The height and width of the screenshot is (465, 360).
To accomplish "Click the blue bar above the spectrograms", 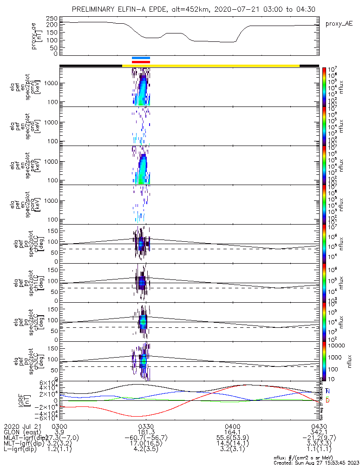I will [141, 58].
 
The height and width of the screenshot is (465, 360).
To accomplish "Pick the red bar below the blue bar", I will [141, 61].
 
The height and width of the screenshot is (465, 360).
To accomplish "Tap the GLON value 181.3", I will [146, 432].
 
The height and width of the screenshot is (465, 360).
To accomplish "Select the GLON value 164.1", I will [232, 432].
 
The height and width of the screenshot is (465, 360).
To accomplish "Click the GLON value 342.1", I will [319, 432].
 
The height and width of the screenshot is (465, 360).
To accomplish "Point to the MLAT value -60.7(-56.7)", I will [146, 438].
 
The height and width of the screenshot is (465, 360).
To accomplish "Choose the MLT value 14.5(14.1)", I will [232, 445].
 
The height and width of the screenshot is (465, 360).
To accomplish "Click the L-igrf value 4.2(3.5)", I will [146, 451].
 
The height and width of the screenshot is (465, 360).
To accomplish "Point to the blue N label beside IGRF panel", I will [327, 391].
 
